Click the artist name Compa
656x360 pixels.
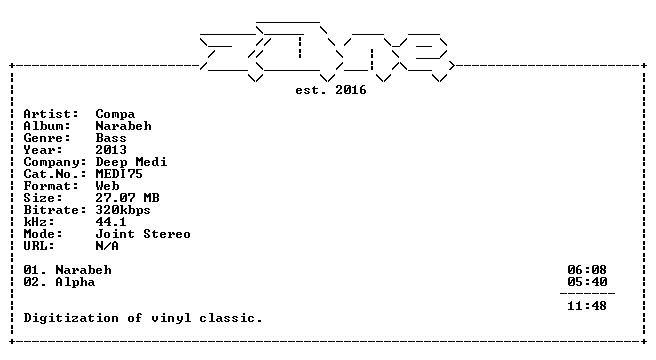[115, 114]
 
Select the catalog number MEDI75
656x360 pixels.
[119, 174]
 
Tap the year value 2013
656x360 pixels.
[111, 150]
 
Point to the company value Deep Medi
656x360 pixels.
[131, 162]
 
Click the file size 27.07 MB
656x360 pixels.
[128, 198]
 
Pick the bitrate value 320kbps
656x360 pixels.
[123, 210]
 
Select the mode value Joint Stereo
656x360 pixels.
[143, 234]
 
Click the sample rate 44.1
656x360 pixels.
[111, 222]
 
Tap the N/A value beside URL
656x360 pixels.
[107, 246]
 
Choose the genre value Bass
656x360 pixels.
[111, 138]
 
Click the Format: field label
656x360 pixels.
[51, 186]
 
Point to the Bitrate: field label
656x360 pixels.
[55, 210]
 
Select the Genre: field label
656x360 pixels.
[47, 138]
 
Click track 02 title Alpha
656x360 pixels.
[75, 282]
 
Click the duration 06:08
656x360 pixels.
[587, 270]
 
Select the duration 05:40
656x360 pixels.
[587, 282]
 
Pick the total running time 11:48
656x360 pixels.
[587, 306]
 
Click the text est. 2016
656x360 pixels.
[331, 90]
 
